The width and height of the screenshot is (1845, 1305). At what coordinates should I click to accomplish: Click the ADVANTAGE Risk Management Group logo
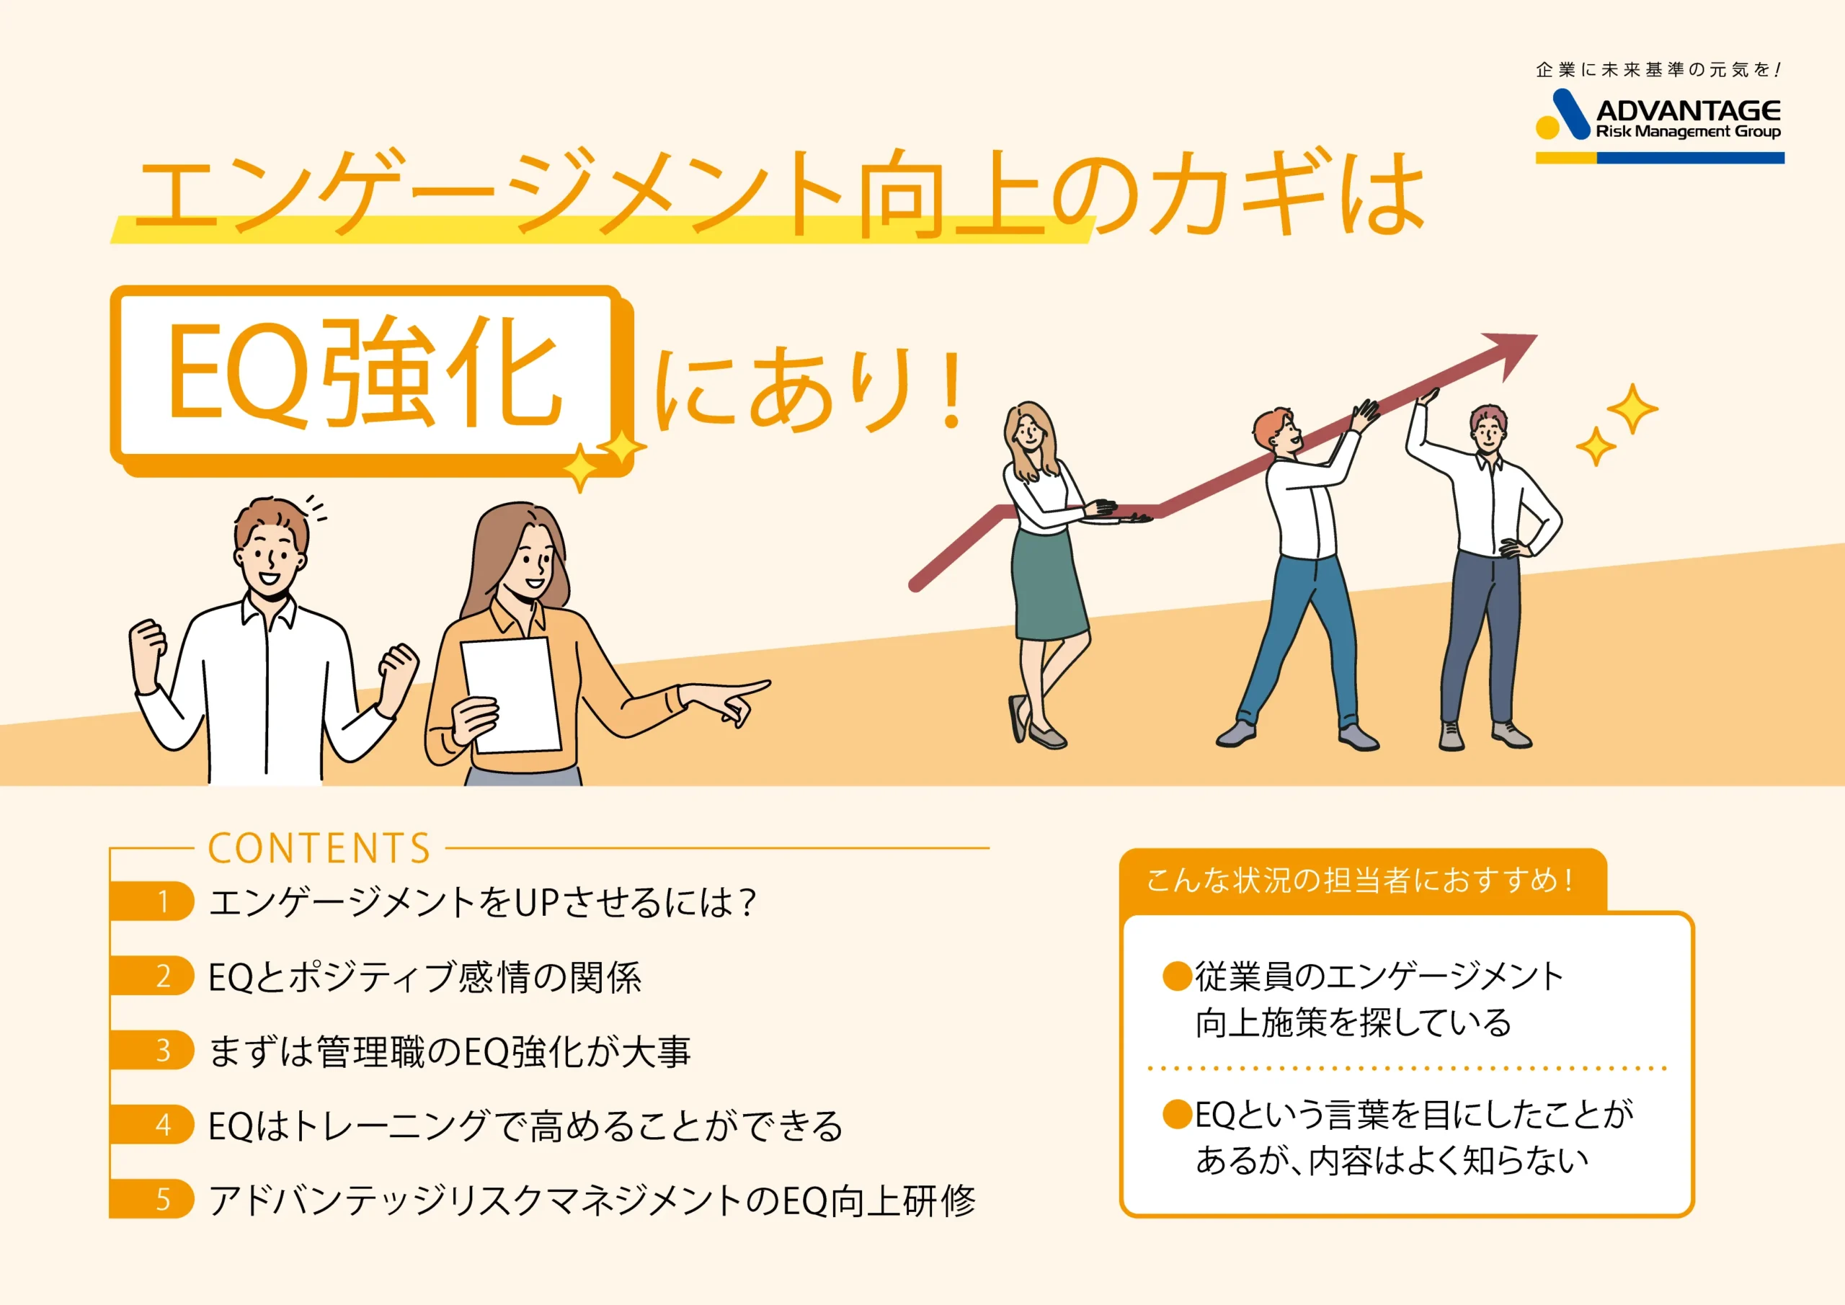pyautogui.click(x=1659, y=126)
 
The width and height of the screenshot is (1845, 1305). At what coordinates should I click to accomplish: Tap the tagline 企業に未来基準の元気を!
pyautogui.click(x=1658, y=70)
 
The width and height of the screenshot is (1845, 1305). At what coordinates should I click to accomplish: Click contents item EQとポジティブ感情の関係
pyautogui.click(x=425, y=977)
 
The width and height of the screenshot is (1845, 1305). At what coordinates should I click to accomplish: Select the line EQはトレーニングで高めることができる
pyautogui.click(x=525, y=1126)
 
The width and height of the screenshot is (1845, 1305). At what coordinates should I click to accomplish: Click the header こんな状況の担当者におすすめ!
pyautogui.click(x=1360, y=880)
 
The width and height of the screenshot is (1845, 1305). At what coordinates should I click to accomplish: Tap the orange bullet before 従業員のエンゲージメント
pyautogui.click(x=1177, y=976)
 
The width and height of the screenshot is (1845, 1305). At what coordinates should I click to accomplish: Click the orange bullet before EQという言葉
pyautogui.click(x=1177, y=1114)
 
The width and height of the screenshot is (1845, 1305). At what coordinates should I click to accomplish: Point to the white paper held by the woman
pyautogui.click(x=511, y=695)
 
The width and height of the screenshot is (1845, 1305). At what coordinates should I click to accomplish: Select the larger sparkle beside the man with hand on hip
pyautogui.click(x=1631, y=408)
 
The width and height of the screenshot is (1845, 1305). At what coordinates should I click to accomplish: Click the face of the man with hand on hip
pyautogui.click(x=1488, y=434)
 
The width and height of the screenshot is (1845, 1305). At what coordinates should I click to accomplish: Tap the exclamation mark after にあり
pyautogui.click(x=953, y=389)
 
